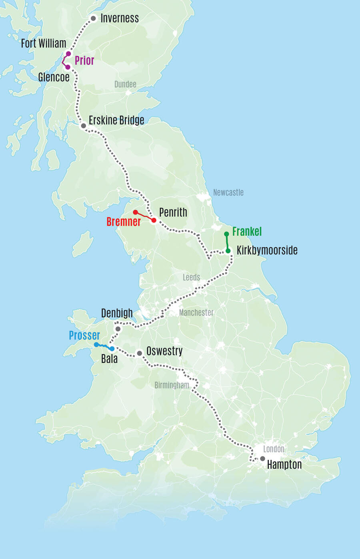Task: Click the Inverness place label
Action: pos(120,18)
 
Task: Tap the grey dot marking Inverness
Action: pos(93,18)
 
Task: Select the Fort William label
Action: pos(44,43)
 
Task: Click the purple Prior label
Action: pos(84,60)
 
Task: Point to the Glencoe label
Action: pos(54,77)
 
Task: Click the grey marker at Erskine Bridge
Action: pos(84,126)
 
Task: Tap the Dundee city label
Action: pos(125,84)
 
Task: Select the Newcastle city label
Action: pos(228,192)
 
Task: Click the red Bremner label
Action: pos(124,222)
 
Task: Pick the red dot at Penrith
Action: pos(154,220)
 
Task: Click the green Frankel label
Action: pos(247,232)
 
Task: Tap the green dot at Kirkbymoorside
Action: pos(228,251)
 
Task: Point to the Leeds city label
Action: pos(191,277)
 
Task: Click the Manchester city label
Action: pos(196,313)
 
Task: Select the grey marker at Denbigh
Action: pos(118,329)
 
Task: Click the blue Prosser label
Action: pos(84,335)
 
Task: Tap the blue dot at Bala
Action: pos(112,349)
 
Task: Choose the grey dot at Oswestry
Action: pos(139,353)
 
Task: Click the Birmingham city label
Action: pos(172,385)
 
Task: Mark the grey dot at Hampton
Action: pos(262,459)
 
